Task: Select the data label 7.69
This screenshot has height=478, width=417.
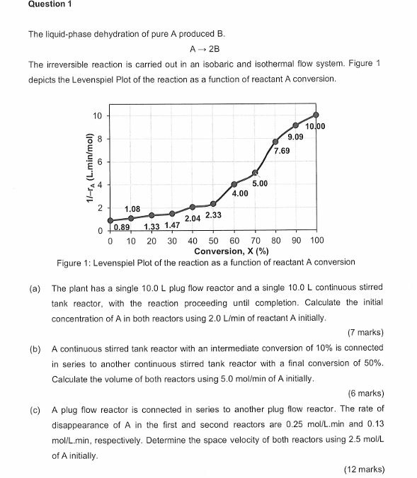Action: [x=281, y=152]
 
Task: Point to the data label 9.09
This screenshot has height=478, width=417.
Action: [x=297, y=137]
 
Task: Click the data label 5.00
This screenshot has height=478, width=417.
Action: [x=260, y=183]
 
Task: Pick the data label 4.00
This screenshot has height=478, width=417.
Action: [x=239, y=193]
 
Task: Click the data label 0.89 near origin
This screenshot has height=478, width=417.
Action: [x=122, y=227]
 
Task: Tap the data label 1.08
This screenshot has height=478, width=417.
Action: [x=132, y=210]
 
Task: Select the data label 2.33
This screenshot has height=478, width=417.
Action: [x=213, y=215]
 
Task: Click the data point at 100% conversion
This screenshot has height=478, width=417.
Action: [x=316, y=115]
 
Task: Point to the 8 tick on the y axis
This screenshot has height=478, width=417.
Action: [x=100, y=139]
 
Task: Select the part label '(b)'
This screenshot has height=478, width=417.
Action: [x=35, y=348]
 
